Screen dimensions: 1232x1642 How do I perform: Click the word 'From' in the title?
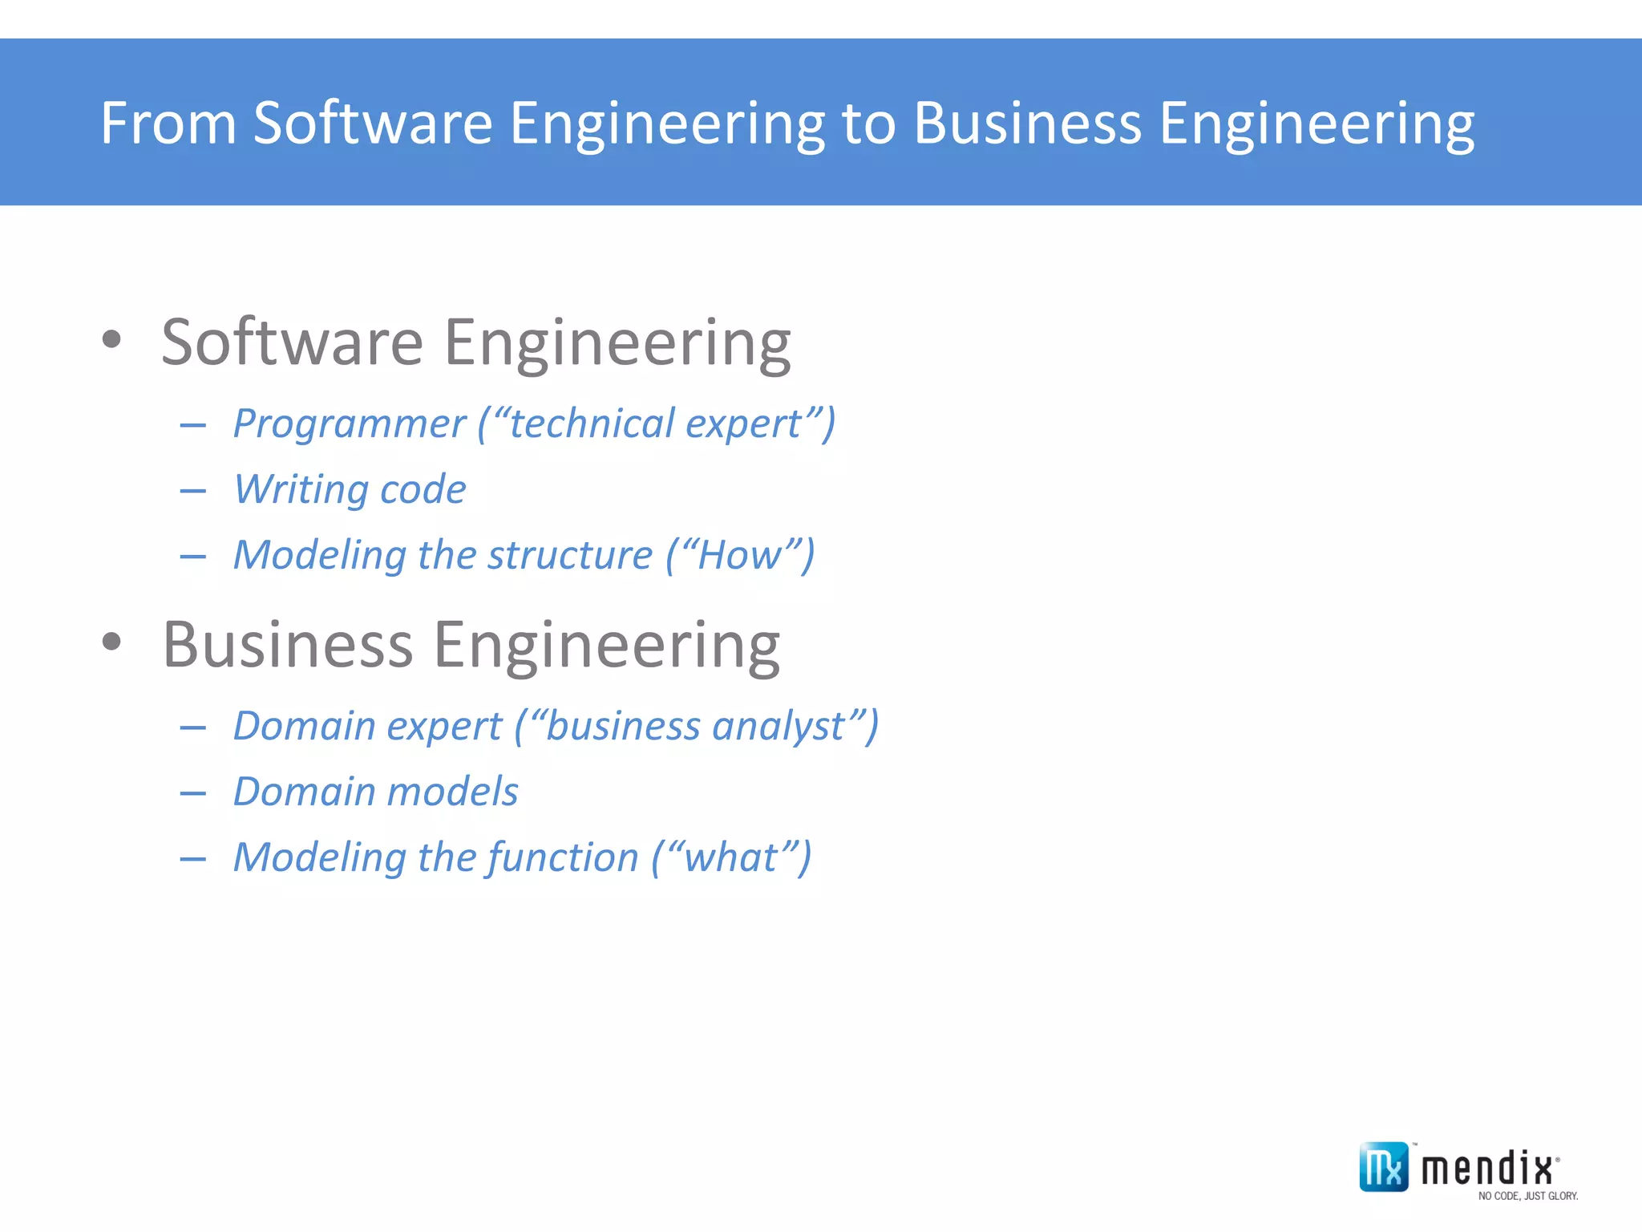(x=168, y=124)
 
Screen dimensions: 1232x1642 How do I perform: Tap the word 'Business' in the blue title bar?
(x=1027, y=124)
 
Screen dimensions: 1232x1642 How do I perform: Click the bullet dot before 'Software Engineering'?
(x=111, y=339)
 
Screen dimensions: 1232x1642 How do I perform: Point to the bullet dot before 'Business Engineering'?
(x=111, y=641)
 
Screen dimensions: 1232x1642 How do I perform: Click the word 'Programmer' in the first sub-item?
(x=349, y=423)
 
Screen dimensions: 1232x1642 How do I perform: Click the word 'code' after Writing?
(x=423, y=489)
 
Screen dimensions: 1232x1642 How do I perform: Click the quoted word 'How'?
(x=738, y=555)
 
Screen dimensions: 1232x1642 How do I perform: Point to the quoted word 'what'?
(x=730, y=857)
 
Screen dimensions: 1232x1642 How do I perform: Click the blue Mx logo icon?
(x=1383, y=1167)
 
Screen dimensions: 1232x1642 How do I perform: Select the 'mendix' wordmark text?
(x=1487, y=1168)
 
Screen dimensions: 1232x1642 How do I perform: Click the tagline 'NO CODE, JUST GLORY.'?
(x=1527, y=1196)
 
